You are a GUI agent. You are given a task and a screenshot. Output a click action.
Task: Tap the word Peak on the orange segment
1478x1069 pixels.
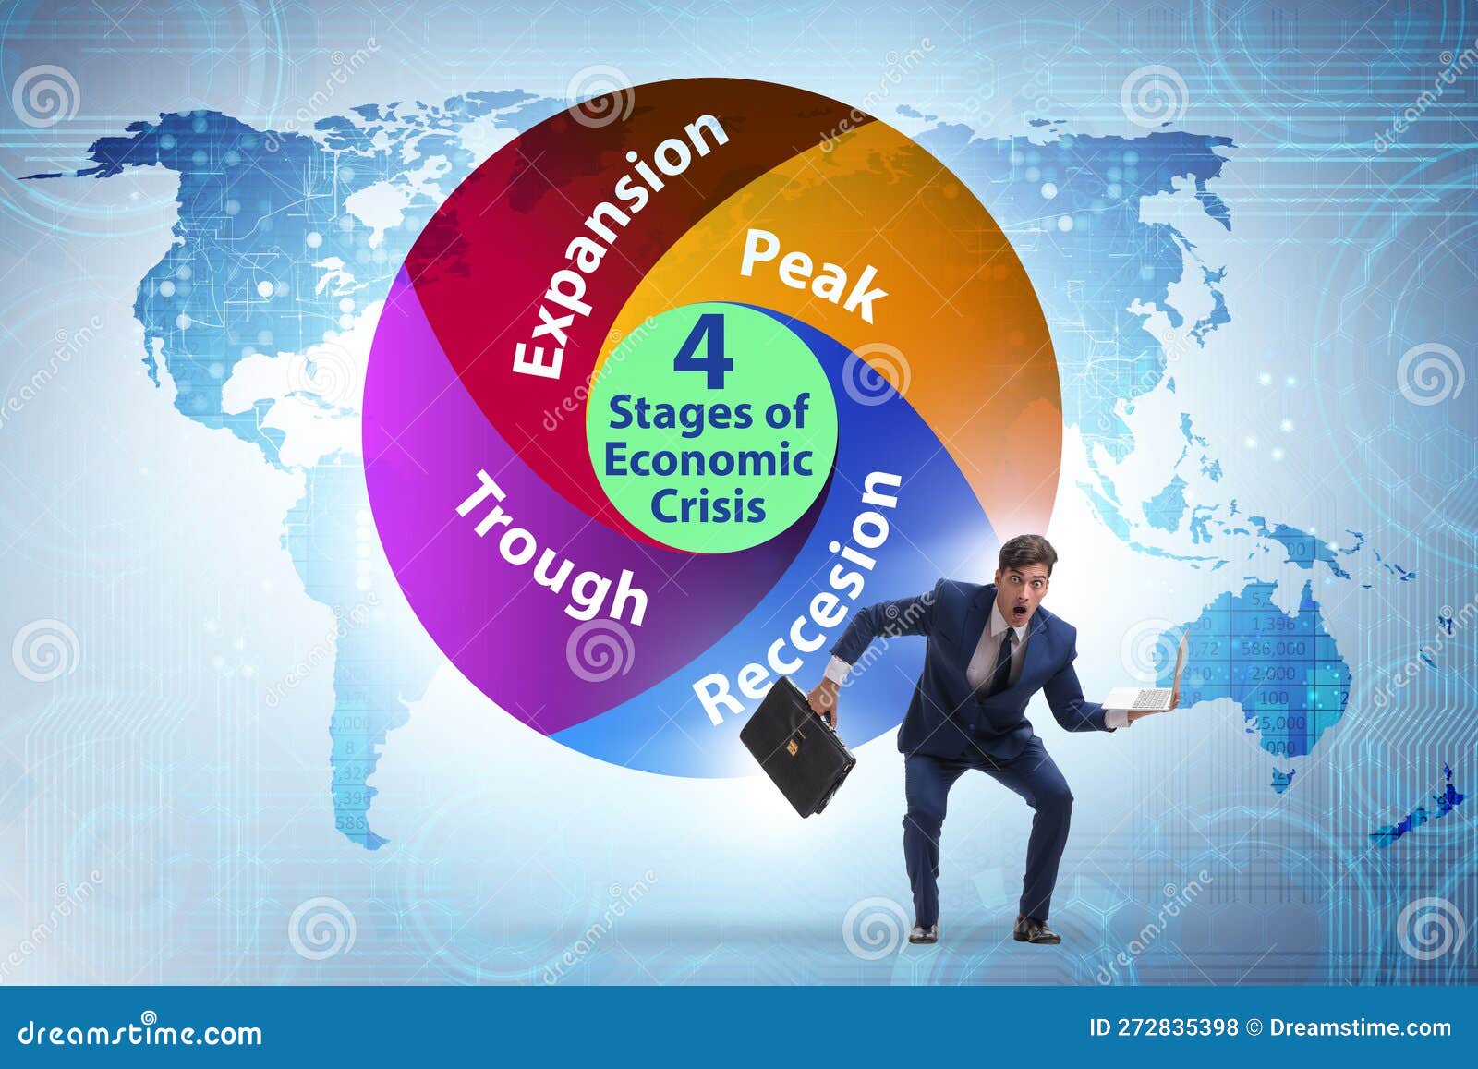[x=813, y=274]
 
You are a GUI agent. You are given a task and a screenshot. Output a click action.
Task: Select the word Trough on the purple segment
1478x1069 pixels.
[x=551, y=548]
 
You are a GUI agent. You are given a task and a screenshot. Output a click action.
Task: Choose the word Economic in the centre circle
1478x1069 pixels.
[x=709, y=460]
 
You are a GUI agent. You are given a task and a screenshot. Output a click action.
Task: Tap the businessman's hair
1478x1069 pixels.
[x=1024, y=553]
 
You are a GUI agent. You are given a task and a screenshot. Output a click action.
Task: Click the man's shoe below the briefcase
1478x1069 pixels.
[x=922, y=933]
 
